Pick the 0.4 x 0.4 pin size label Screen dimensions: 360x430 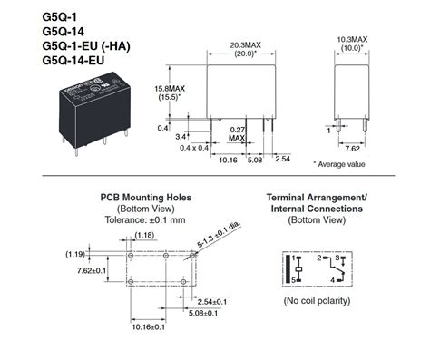coord(194,147)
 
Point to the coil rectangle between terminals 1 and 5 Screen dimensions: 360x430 coord(297,269)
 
